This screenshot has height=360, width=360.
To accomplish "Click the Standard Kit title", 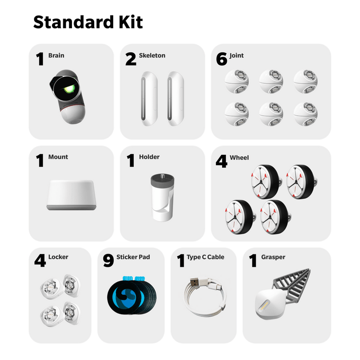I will coord(88,23).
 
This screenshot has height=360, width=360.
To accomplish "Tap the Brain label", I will coord(57,55).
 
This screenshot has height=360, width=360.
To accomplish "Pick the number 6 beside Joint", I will coord(222,59).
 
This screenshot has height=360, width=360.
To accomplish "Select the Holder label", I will coord(149,157).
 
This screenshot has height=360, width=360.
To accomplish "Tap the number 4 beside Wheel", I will coord(222,161).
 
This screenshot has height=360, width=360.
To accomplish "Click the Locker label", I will coord(58,257).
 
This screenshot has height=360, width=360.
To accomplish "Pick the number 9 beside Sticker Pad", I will coord(108,261).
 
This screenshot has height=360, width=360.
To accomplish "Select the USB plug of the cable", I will coord(195,283).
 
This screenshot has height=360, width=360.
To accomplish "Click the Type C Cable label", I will coord(206,257).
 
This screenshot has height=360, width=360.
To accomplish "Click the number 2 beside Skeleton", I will coord(131,59).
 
